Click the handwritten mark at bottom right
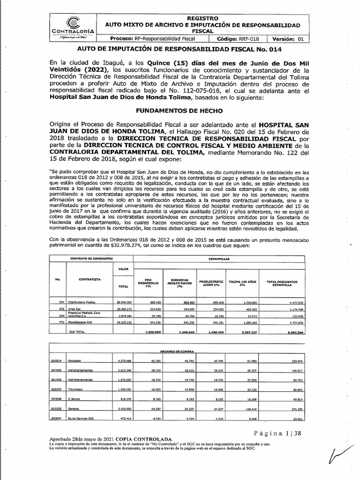click(x=339, y=457)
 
